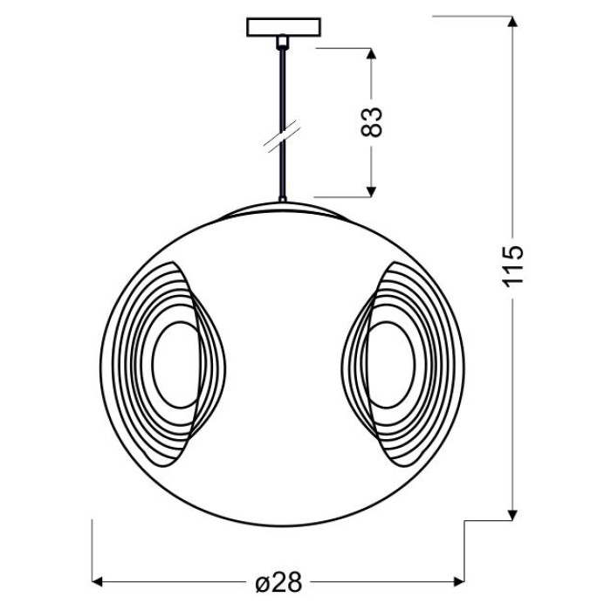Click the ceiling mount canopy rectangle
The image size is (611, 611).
tap(284, 27)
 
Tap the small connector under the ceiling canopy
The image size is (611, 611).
tap(283, 42)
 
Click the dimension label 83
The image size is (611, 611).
tap(371, 121)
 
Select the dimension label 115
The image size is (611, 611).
tap(512, 266)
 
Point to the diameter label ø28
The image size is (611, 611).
tap(278, 583)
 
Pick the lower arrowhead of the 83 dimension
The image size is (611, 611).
tap(371, 192)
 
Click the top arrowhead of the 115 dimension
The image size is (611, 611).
tap(513, 22)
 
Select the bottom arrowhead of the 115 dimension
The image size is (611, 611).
tap(513, 515)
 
